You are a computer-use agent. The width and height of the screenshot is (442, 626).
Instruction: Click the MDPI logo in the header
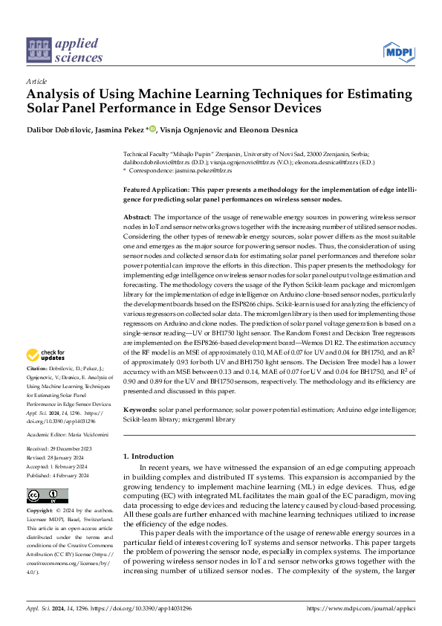398,51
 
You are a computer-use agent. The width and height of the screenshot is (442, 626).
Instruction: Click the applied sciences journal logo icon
37,50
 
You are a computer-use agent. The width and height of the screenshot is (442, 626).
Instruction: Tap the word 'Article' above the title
36,81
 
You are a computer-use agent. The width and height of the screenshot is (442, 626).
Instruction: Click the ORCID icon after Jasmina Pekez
153,129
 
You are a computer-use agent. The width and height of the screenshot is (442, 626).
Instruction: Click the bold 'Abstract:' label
139,216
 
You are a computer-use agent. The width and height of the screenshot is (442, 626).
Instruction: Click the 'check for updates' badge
45,355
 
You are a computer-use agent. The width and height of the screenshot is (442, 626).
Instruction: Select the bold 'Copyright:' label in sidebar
40,511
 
